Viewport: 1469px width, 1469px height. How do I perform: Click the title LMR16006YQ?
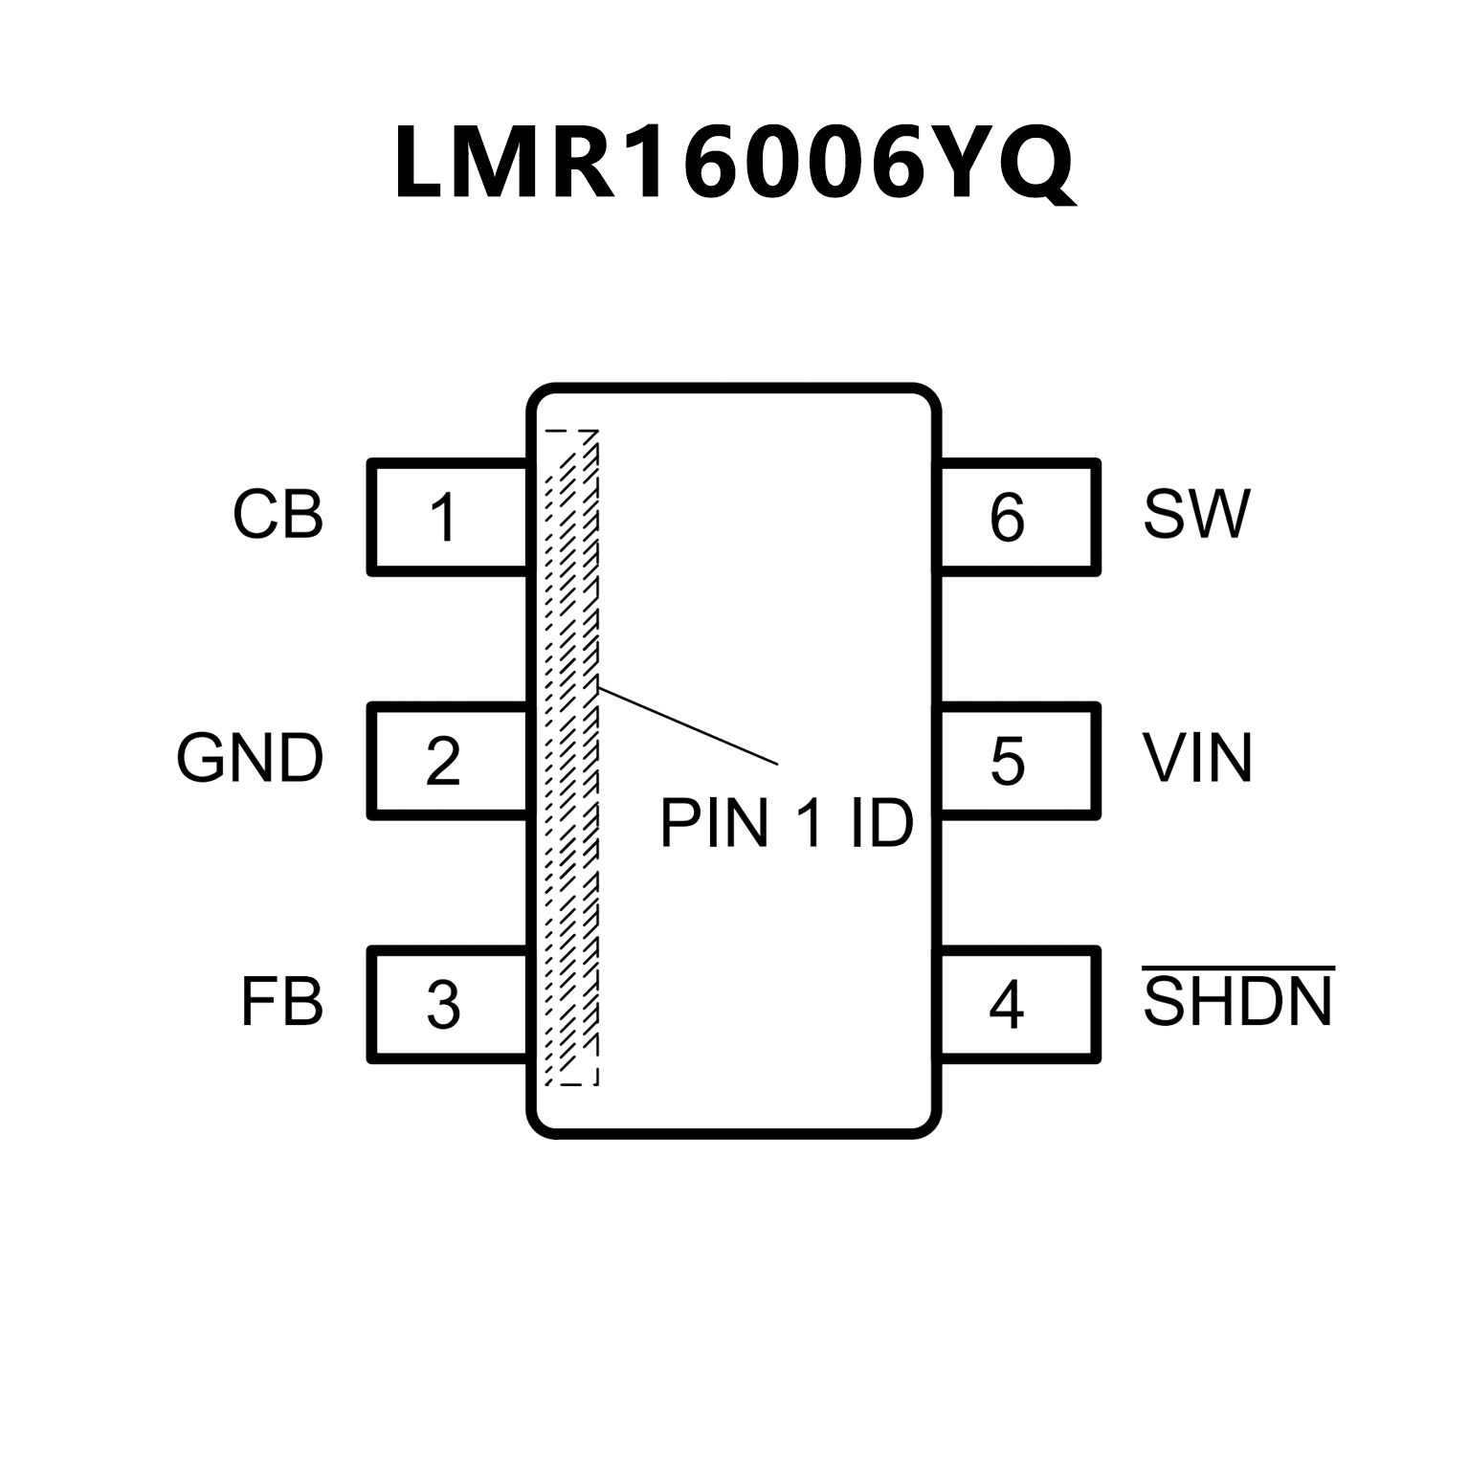click(734, 164)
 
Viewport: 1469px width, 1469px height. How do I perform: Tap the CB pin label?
click(278, 515)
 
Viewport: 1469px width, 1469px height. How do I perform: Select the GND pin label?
click(250, 759)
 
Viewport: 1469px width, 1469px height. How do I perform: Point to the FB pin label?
click(281, 1003)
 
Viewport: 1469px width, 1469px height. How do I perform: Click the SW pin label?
click(1196, 515)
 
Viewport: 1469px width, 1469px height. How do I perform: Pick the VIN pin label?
click(1197, 759)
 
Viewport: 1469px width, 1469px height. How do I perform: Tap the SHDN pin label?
click(1237, 1003)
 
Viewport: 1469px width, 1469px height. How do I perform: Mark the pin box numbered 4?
click(1019, 1005)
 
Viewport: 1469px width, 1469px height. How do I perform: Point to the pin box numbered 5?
click(1019, 761)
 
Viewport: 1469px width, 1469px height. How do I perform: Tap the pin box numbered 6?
click(1019, 517)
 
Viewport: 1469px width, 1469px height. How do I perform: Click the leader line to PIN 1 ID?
click(687, 725)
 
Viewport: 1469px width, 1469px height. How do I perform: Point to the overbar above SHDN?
click(1238, 968)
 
